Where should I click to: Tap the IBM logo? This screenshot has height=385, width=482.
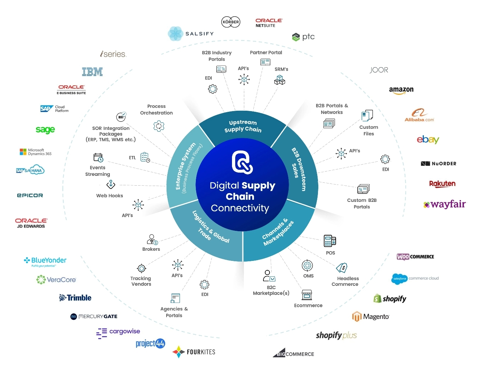[x=92, y=72]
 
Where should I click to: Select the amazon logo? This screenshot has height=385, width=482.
[x=401, y=90]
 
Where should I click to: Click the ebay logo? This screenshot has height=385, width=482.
[x=428, y=140]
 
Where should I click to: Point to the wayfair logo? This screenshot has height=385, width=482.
[x=444, y=204]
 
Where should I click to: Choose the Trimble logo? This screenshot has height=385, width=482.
[x=76, y=298]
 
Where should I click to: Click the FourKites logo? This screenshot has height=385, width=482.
[x=194, y=352]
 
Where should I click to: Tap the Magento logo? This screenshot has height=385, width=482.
[x=371, y=317]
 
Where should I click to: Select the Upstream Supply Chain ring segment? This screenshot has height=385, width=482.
[x=242, y=126]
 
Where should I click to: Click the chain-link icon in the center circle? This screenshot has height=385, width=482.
[x=242, y=162]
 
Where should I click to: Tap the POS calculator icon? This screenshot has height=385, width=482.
[x=330, y=241]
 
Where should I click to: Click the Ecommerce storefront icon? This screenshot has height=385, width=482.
[x=307, y=295]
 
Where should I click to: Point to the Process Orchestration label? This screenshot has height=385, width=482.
[x=156, y=110]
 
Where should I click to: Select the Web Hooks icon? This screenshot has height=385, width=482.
[x=111, y=185]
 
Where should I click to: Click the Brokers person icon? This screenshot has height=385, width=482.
[x=152, y=239]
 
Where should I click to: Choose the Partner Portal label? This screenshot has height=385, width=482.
[x=266, y=52]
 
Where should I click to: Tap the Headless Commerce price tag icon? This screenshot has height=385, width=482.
[x=342, y=268]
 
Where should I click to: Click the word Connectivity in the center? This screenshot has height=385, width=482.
[x=240, y=208]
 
